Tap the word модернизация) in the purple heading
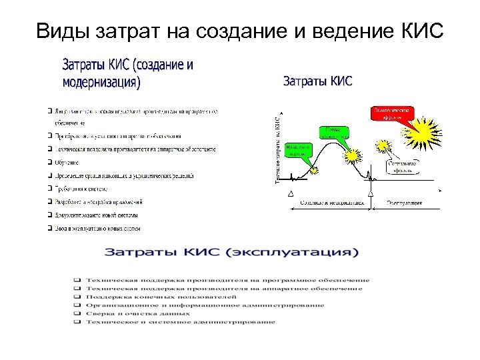101,83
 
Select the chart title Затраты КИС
318,81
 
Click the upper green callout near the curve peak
334,132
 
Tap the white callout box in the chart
399,165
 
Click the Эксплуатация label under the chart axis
406,202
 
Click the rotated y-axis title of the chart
278,150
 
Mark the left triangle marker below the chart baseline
290,193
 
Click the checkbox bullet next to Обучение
50,162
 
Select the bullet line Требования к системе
87,189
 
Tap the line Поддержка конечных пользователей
160,297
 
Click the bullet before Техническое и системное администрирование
77,322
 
